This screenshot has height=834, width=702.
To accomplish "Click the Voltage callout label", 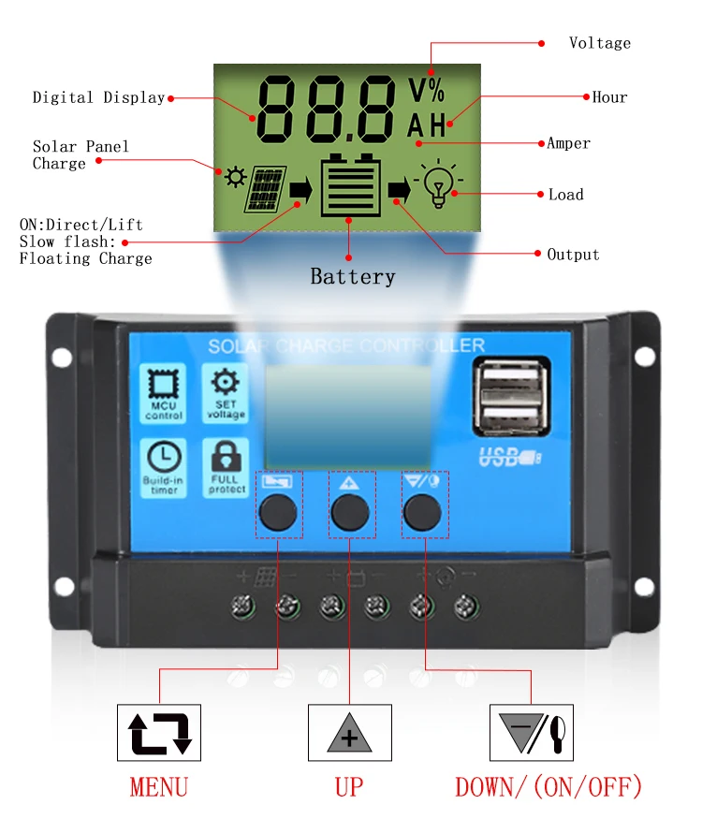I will (599, 43).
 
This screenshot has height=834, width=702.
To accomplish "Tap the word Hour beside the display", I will (609, 97).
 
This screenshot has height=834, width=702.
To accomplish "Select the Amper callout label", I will (568, 143).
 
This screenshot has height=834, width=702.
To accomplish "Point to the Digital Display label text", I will (98, 97).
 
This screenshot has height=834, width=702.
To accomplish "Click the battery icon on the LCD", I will (350, 185).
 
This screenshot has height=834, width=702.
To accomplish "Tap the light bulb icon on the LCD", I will (436, 184).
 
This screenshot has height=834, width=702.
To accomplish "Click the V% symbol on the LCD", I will (427, 91).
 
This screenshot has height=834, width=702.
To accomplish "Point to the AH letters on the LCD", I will (426, 125).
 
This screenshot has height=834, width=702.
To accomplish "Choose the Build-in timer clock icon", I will (163, 466).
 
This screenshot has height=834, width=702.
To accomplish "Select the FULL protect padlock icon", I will (226, 466).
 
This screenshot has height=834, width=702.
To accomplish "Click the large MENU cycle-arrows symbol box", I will (159, 732).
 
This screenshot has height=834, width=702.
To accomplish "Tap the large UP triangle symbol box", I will (349, 732).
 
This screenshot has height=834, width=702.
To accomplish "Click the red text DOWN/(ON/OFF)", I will (548, 786).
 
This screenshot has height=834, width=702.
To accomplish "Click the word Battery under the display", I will (352, 277).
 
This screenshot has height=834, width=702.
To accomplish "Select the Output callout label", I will (573, 255).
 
